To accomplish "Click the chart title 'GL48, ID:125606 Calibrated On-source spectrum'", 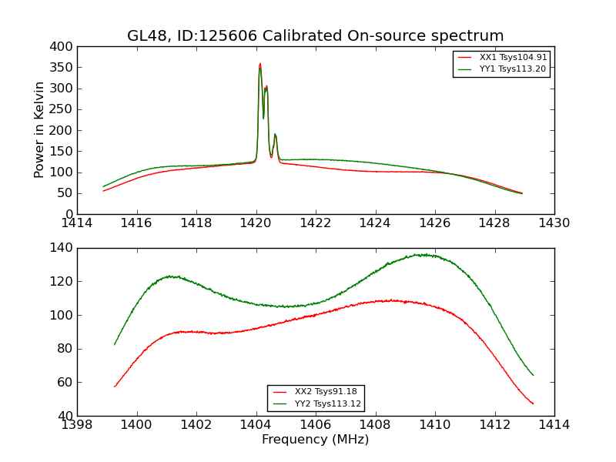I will pyautogui.click(x=316, y=36).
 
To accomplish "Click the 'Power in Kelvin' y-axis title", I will pyautogui.click(x=39, y=130).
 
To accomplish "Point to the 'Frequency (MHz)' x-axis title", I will pyautogui.click(x=316, y=440).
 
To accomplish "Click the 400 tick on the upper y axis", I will pyautogui.click(x=63, y=47).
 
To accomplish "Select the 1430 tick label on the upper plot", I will pyautogui.click(x=554, y=223).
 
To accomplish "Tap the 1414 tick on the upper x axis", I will pyautogui.click(x=78, y=223).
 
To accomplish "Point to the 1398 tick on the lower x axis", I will pyautogui.click(x=78, y=425).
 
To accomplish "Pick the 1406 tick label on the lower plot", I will pyautogui.click(x=316, y=425).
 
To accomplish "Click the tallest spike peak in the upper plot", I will pyautogui.click(x=260, y=64).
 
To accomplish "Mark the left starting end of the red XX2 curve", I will pyautogui.click(x=115, y=387).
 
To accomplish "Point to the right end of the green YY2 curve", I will pyautogui.click(x=533, y=375).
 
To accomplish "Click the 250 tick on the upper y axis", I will pyautogui.click(x=63, y=109).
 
